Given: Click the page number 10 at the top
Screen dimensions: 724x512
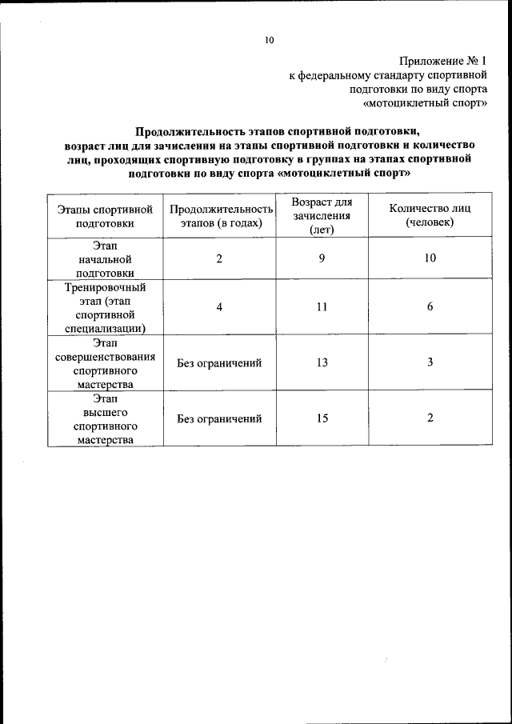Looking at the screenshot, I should tap(270, 40).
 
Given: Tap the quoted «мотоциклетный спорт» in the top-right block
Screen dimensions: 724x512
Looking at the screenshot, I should tap(425, 104).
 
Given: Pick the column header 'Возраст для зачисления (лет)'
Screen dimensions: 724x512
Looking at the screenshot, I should tap(322, 215).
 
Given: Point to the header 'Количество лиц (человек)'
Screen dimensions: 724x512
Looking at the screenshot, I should tap(430, 215).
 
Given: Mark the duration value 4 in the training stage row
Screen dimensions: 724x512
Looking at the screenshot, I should tap(218, 307).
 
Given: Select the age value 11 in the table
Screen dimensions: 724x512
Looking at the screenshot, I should tap(322, 307).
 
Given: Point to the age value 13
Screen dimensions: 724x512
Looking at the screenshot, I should tap(322, 362).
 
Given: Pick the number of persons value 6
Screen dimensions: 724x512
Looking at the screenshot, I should tap(430, 307).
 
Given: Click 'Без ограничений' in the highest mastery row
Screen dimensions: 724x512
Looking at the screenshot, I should tap(220, 418).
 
